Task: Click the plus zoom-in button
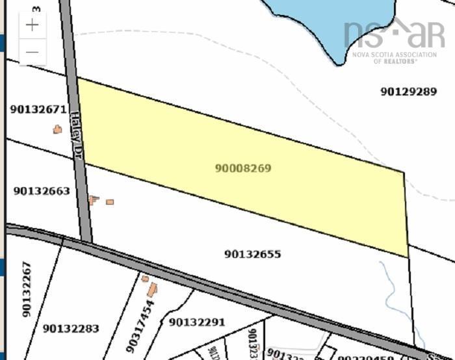[32, 25]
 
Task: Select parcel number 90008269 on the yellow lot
[242, 168]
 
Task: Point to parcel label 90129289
[408, 92]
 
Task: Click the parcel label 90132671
[38, 110]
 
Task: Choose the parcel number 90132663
[41, 191]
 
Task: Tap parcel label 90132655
[253, 254]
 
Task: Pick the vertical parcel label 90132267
[27, 289]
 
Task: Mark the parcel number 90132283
[71, 329]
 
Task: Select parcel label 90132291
[196, 322]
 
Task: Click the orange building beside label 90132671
[57, 129]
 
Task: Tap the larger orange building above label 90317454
[152, 290]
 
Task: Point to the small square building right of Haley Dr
[110, 202]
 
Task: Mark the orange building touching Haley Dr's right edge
[93, 199]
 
